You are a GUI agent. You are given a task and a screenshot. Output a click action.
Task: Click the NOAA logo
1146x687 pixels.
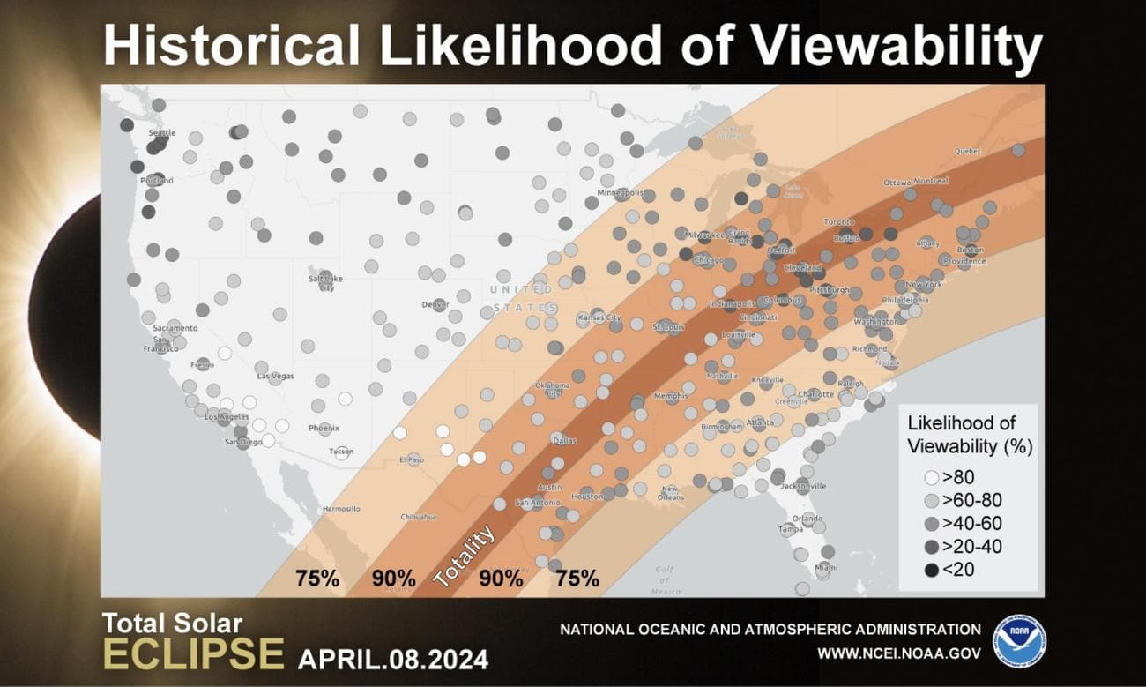point(1019,641)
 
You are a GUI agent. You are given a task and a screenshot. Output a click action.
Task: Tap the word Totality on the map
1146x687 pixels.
point(464,556)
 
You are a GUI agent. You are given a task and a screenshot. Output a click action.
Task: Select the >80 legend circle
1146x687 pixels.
point(930,478)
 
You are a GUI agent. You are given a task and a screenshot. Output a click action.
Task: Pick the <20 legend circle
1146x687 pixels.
point(930,570)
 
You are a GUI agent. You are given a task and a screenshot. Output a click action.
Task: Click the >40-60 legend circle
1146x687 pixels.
point(930,524)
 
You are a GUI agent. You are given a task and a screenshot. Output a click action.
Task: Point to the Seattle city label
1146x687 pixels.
point(161,133)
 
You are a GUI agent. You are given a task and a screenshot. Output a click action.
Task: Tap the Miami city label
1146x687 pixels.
point(826,567)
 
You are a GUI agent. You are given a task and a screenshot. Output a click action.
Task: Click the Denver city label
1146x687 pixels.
point(435,304)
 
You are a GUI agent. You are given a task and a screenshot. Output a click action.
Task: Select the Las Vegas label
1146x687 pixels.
point(275,376)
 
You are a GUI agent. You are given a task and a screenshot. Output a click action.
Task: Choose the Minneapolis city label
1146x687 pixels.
point(621,192)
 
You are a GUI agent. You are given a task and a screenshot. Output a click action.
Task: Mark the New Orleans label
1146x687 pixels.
point(670,493)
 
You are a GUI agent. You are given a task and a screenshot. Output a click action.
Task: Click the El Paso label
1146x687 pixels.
point(412,459)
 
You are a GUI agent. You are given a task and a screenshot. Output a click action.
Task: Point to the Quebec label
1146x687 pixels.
point(967,151)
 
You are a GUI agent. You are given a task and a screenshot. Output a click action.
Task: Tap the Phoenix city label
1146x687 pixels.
point(324,429)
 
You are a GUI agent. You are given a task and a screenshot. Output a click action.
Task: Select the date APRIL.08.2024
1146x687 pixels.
point(392,659)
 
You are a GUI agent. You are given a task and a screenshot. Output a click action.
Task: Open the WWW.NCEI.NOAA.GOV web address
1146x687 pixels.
point(898,653)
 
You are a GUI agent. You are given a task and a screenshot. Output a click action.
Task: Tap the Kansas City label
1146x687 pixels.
point(599,317)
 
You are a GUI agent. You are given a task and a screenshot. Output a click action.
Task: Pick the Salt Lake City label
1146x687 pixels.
point(324,283)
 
